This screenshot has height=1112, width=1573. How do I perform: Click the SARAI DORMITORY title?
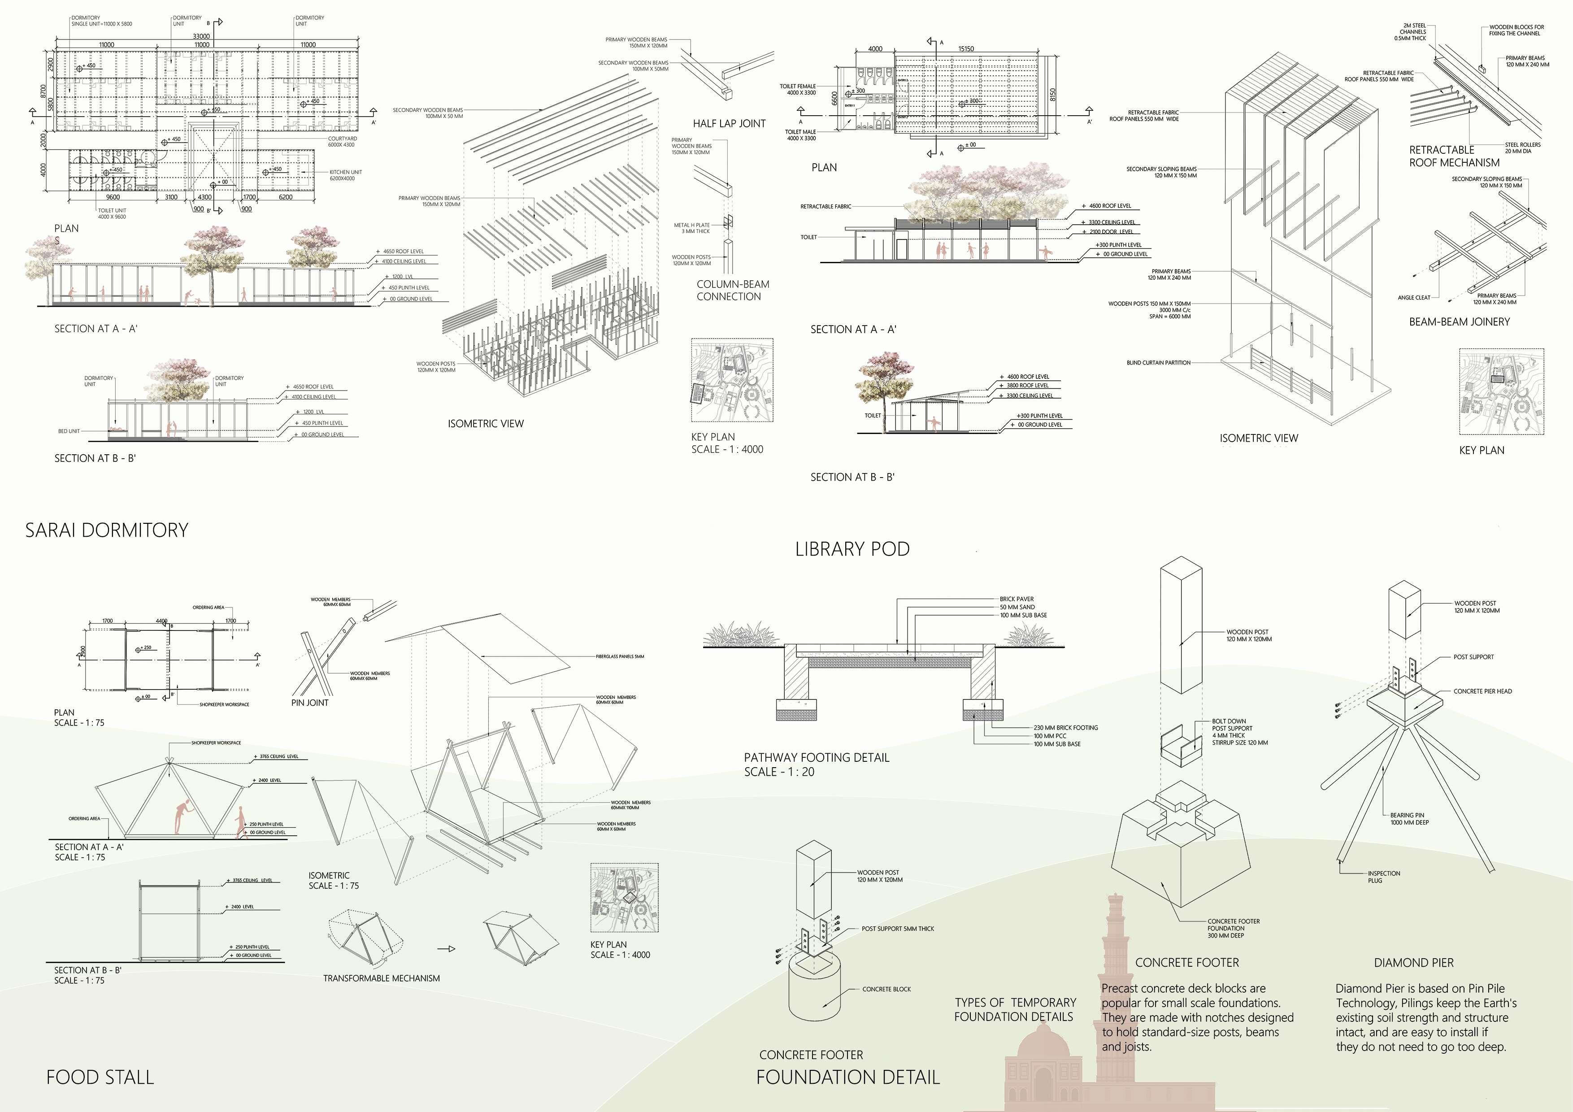tap(107, 530)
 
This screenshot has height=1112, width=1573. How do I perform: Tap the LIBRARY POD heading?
tap(852, 549)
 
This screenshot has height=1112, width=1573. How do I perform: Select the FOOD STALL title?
tap(100, 1077)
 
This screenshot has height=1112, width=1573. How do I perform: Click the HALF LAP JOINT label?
tap(729, 123)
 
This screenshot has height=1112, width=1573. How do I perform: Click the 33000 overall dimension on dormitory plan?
tap(201, 36)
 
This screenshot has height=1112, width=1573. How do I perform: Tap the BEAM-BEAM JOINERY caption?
tap(1459, 321)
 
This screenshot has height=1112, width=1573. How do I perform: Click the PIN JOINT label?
tap(310, 702)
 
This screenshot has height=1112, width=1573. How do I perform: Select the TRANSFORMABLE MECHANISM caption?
tap(382, 978)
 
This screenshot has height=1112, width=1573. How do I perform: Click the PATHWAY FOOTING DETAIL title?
tap(817, 758)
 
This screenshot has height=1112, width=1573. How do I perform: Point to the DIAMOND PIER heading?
tap(1413, 963)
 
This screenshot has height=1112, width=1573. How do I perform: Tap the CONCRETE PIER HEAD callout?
tap(1482, 691)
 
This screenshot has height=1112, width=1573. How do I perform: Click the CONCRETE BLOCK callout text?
tap(886, 989)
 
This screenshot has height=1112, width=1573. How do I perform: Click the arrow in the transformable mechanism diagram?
tap(447, 949)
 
